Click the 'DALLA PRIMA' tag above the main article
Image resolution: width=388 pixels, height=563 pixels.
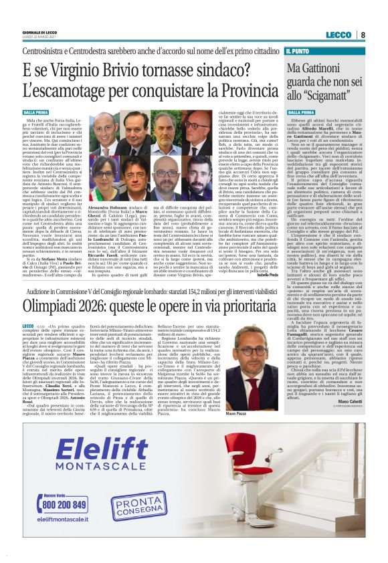click(x=36, y=113)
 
